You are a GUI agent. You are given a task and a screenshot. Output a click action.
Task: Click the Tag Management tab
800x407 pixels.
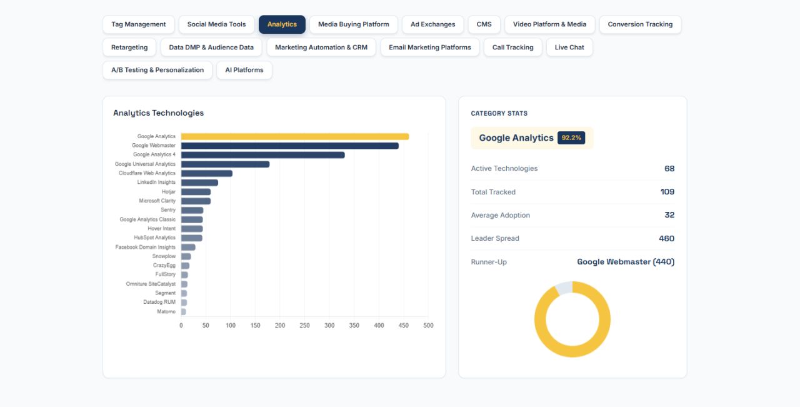coord(139,24)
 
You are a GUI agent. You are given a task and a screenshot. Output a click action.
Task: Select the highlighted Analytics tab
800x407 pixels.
coord(282,24)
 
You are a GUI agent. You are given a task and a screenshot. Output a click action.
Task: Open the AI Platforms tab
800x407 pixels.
coord(244,70)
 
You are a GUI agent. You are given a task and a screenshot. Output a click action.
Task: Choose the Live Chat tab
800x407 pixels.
coord(569,47)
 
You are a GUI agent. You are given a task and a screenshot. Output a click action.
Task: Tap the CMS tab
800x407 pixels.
coord(484,24)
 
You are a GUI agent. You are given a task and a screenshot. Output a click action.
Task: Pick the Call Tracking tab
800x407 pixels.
coord(513,47)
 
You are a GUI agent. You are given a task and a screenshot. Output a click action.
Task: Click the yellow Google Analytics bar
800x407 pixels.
coord(295,136)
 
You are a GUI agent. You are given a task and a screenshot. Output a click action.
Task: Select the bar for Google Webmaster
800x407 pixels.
coord(289,146)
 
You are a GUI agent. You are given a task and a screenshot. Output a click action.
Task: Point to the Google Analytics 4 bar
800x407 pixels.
coord(263,154)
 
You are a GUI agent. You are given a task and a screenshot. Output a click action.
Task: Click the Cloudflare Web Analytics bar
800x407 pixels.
coord(207,173)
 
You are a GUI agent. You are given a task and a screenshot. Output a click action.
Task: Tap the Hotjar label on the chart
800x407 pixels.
coord(169,192)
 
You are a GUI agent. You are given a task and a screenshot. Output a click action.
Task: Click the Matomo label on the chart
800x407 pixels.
coord(166,311)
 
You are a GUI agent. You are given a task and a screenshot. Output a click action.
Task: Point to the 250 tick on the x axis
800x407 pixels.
coord(304,326)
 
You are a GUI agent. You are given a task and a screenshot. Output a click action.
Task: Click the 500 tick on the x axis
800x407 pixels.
coord(428,326)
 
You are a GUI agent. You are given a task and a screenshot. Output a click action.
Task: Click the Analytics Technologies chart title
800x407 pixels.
coord(159,113)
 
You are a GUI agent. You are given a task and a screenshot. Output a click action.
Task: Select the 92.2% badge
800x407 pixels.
coord(571,138)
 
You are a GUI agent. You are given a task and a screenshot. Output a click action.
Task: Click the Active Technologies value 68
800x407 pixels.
coord(669,169)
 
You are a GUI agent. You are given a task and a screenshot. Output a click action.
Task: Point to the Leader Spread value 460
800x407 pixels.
coord(667,238)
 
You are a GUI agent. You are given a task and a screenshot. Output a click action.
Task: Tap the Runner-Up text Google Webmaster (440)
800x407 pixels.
coord(626,262)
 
